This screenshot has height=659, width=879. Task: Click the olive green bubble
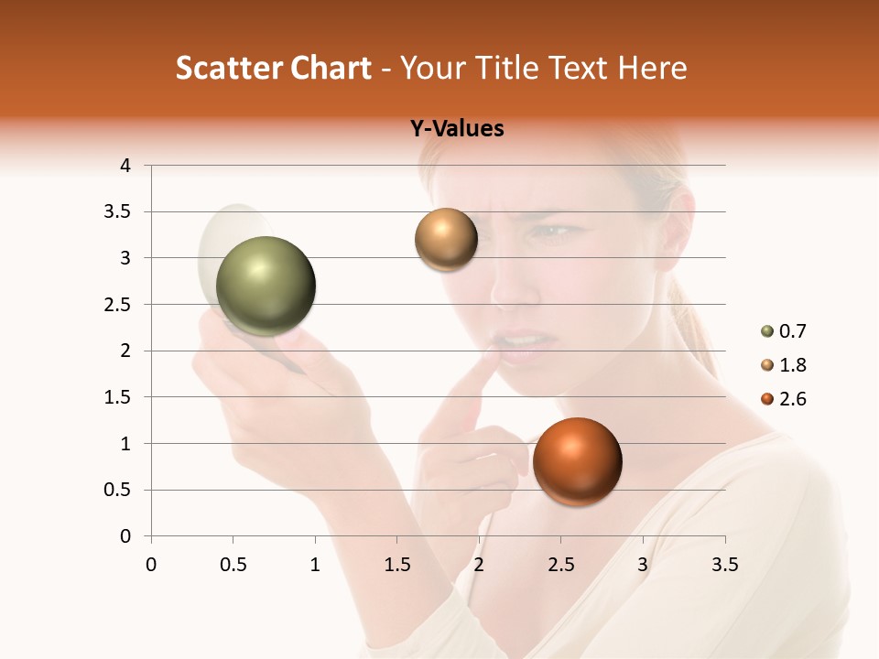(x=266, y=286)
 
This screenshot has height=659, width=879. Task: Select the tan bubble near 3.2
(x=446, y=240)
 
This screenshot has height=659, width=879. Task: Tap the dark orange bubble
(x=577, y=461)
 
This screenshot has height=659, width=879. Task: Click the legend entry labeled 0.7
(x=784, y=331)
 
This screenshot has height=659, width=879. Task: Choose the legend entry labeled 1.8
(x=784, y=365)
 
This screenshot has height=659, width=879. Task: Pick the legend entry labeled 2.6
(x=784, y=399)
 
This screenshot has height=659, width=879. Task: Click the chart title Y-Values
(x=457, y=129)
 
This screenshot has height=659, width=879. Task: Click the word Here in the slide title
(x=652, y=68)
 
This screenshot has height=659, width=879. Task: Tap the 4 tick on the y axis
(x=125, y=166)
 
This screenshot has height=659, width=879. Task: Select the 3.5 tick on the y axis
(x=118, y=212)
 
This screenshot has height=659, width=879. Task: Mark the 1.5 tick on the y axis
(x=118, y=397)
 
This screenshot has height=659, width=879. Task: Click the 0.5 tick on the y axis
(x=118, y=490)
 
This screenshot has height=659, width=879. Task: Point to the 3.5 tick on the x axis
(x=724, y=566)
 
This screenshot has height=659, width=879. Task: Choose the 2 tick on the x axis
(x=479, y=566)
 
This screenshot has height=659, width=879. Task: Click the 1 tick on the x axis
(x=315, y=566)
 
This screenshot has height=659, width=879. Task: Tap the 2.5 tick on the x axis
(x=560, y=566)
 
